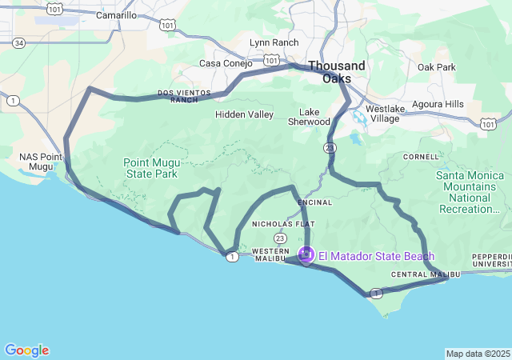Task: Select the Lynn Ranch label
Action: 274,42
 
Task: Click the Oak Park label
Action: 436,67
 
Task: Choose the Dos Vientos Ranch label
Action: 184,96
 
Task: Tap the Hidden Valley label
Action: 244,114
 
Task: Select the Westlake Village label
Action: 382,114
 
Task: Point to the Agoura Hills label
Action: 438,105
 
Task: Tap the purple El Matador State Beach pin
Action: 306,255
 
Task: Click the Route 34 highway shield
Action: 18,64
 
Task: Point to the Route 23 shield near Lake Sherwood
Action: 330,148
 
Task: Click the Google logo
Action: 26,350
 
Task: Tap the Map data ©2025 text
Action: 477,354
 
